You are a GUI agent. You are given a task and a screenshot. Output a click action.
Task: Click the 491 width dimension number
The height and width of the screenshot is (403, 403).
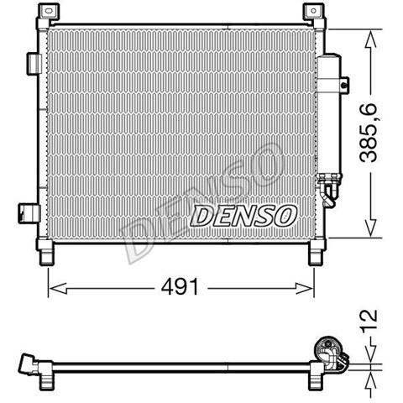click(180, 287)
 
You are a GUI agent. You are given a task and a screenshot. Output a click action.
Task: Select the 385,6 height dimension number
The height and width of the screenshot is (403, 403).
click(369, 133)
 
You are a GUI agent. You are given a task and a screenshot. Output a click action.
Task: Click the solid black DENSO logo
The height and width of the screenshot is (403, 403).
click(243, 215)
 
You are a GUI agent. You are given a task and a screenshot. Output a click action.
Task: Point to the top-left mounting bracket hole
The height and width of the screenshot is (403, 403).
click(50, 11)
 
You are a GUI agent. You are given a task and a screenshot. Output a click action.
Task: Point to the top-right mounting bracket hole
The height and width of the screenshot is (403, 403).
click(313, 11)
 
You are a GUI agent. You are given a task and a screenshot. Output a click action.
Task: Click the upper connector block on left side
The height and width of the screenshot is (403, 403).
click(34, 64)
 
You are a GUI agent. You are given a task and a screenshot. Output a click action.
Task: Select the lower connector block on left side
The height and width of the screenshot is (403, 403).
click(29, 213)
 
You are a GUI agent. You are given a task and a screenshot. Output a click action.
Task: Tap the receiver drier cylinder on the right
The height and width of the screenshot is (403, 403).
click(329, 115)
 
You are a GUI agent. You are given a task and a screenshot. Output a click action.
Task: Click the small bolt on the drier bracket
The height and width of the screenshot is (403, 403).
click(344, 85)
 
